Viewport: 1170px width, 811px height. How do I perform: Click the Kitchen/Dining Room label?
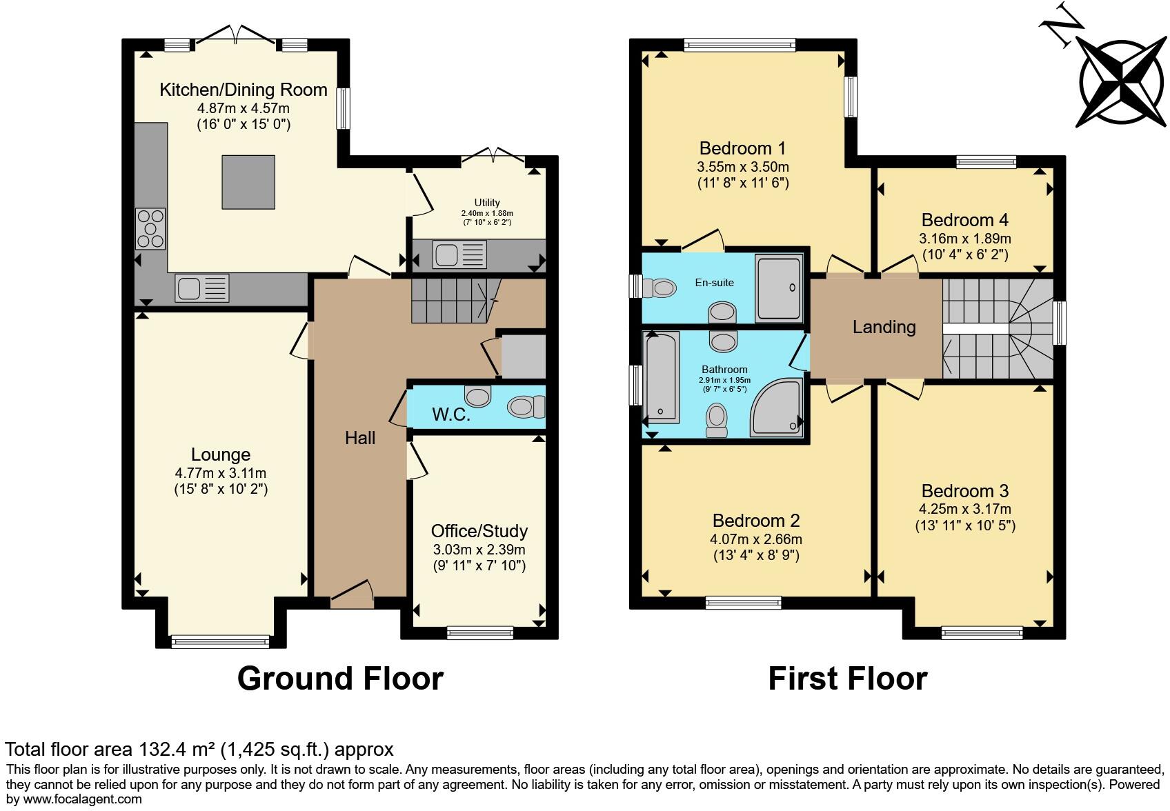tap(243, 90)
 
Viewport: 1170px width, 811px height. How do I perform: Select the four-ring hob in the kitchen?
tap(150, 228)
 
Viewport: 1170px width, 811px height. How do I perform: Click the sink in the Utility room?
tap(459, 254)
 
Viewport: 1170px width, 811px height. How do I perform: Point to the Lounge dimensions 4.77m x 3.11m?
tap(221, 473)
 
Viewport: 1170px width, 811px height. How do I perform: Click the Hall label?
tap(360, 438)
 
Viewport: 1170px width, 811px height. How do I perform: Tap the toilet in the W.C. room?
tap(526, 407)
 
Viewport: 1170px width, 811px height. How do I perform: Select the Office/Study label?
tap(479, 531)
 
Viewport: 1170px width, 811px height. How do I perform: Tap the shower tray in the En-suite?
tap(780, 288)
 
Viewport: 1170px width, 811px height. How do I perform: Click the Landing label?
tap(884, 327)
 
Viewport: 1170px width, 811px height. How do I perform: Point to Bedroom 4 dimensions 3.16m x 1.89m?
tap(964, 239)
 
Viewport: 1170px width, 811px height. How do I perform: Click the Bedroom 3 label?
tap(964, 491)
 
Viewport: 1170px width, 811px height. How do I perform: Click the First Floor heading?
tap(847, 679)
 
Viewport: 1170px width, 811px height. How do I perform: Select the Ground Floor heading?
tap(340, 679)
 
